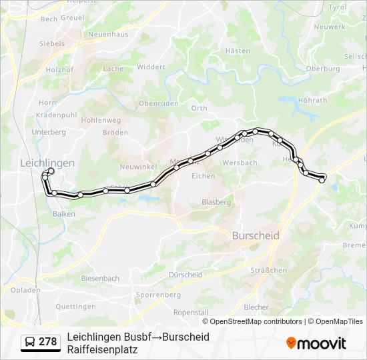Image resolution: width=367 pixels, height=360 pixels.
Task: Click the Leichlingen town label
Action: [47, 163]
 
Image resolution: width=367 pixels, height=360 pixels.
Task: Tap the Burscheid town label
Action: [256, 236]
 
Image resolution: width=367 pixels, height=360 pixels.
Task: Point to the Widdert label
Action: [151, 67]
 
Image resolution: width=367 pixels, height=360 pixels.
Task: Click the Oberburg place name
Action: [322, 69]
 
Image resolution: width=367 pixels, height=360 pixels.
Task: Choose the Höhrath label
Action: [312, 101]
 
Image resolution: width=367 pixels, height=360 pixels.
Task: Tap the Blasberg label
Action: [216, 202]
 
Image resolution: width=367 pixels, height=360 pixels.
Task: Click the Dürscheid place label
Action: [186, 275]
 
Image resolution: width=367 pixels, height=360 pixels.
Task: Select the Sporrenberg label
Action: [158, 295]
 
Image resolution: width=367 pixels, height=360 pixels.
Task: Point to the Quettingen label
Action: [75, 307]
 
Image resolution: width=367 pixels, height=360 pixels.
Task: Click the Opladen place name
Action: [25, 291]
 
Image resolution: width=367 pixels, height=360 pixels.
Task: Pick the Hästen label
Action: [238, 51]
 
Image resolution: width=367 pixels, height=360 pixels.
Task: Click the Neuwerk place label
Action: [330, 27]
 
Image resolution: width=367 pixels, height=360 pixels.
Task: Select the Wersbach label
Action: [240, 163]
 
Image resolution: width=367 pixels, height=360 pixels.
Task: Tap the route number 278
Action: [47, 342]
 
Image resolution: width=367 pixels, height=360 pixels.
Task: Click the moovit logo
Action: [316, 343]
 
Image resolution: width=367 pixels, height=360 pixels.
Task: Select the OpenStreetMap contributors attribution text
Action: [256, 321]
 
